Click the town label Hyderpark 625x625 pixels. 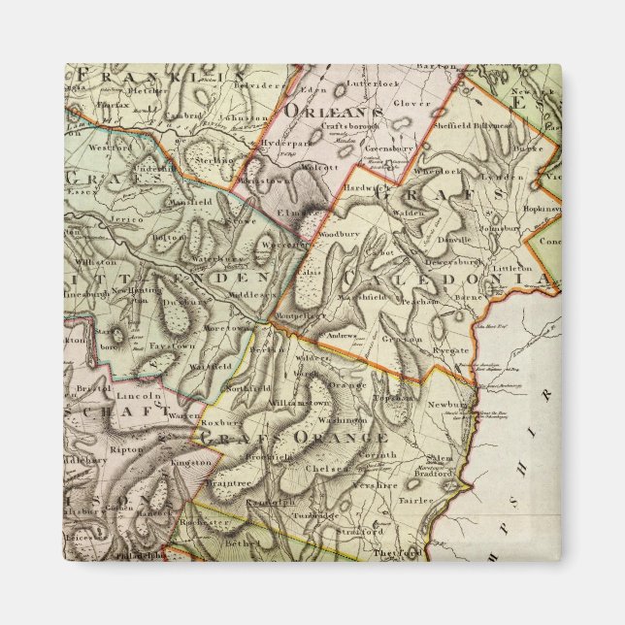(282, 140)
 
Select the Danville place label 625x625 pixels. (451, 238)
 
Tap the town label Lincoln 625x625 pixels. (140, 396)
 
